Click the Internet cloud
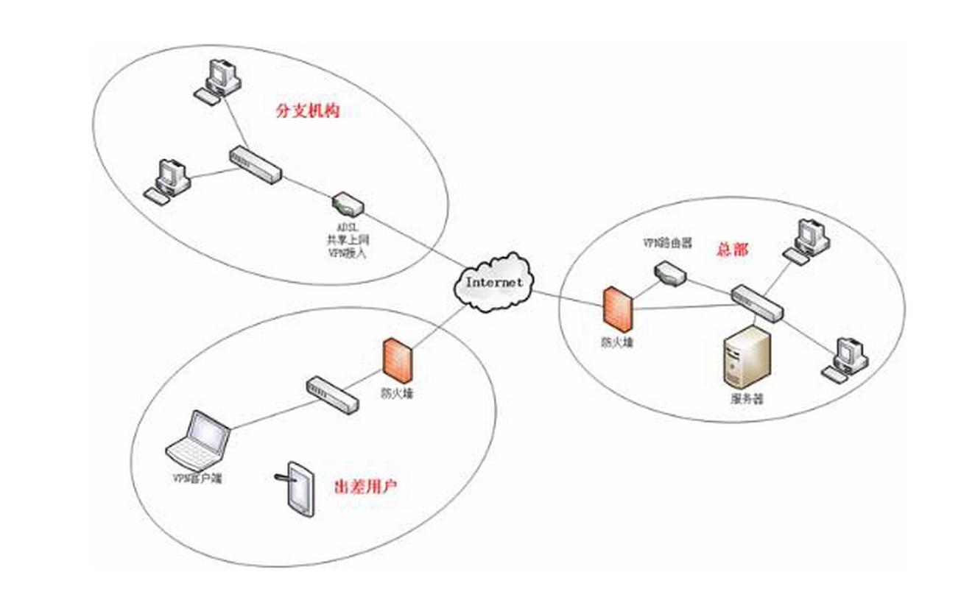pos(494,282)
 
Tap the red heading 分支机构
pos(307,111)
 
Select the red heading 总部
pos(731,250)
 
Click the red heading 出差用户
pos(366,487)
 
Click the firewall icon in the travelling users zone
pos(396,361)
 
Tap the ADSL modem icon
pos(344,202)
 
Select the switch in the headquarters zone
pos(758,303)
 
